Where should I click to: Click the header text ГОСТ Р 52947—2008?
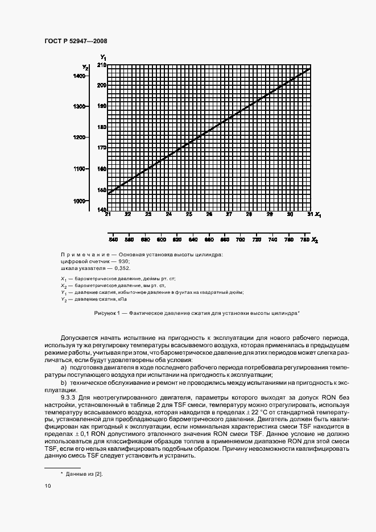point(75,41)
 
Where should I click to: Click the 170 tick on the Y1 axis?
point(101,148)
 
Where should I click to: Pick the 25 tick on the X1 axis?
point(189,215)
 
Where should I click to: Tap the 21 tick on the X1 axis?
point(108,215)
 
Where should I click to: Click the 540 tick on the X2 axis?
point(113,241)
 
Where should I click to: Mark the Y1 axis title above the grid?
point(104,57)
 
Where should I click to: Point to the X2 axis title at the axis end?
point(315,242)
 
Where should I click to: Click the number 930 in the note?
point(120,261)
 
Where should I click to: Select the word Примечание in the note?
point(84,254)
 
